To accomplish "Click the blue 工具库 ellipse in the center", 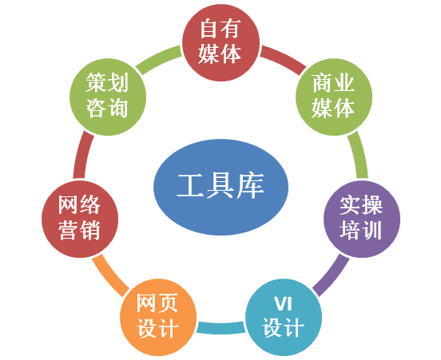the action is (220, 187).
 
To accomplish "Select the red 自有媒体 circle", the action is (220, 42).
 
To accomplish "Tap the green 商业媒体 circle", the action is (334, 97).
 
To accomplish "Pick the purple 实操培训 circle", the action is (362, 219).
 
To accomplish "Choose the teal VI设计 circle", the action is (284, 317).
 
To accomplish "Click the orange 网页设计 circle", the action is (158, 317).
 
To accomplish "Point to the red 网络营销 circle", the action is (80, 219).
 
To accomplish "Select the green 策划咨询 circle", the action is (108, 97).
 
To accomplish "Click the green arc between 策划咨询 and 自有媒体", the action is (157, 59).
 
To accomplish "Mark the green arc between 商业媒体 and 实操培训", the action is (360, 155).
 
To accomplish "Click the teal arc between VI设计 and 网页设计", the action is (220, 328).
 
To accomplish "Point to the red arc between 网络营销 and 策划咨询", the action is (82, 155).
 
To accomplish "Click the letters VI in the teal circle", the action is (284, 304).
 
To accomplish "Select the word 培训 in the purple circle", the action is (361, 231).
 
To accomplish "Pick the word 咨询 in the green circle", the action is (107, 109).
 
